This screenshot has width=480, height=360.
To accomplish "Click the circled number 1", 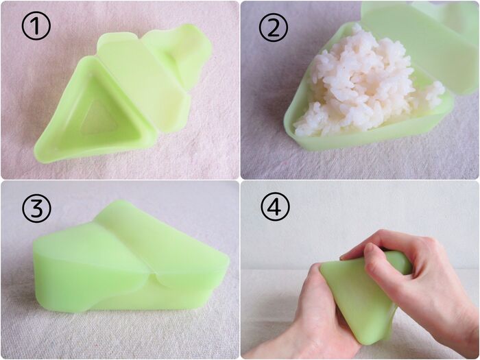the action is point(36,26).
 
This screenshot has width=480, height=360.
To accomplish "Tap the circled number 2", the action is point(274,27).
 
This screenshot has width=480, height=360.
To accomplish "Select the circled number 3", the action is point(36,208).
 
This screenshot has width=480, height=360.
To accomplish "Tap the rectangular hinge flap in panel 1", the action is point(143,83).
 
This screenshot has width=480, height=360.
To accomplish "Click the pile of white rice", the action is point(364,83).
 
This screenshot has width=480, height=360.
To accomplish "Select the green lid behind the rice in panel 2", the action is point(420,43).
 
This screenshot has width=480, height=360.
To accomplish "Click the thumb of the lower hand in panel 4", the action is point(317,285).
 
